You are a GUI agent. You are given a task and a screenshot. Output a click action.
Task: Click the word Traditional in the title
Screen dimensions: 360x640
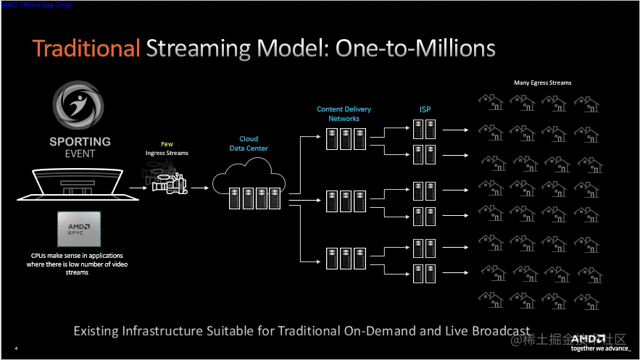86,49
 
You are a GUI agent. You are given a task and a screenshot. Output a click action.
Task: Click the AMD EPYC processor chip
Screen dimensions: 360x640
79,230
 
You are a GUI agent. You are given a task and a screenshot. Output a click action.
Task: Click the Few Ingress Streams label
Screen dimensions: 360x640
167,148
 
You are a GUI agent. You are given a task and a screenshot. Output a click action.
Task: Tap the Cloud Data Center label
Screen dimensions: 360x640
249,143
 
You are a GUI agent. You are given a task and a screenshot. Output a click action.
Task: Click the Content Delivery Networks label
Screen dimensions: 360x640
344,114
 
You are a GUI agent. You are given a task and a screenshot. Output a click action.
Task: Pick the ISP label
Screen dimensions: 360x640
425,109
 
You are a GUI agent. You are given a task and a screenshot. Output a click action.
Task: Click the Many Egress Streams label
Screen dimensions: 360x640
542,83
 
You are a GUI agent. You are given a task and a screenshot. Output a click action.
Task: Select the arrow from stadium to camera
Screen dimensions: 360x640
138,187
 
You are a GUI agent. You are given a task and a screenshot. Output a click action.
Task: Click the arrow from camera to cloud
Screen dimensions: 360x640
200,187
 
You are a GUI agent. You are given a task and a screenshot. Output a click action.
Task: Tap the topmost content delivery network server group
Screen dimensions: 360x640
344,139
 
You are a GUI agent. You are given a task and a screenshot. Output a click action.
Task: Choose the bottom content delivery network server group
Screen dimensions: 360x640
344,259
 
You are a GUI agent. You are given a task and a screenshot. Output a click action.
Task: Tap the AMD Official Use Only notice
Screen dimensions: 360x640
36,4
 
